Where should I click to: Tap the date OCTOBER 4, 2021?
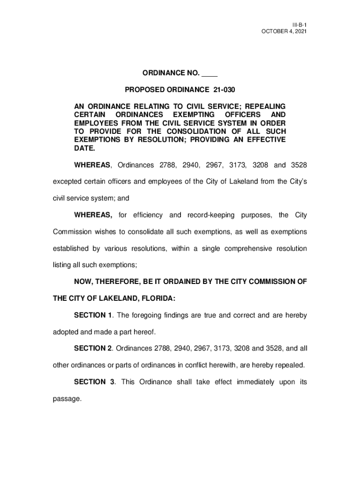pos(284,31)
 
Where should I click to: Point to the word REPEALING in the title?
pos(265,107)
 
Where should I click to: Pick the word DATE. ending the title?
pos(85,149)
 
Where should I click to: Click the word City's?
pos(295,181)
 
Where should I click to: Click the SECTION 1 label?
pos(94,315)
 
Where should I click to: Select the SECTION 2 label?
pos(94,348)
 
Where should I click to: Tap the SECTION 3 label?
pos(94,382)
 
